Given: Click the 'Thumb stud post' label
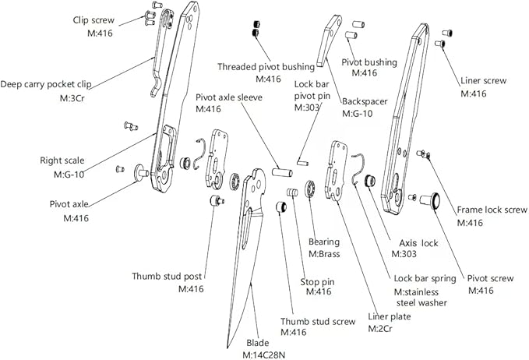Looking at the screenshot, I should (168, 275).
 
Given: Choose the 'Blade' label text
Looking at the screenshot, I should (258, 343).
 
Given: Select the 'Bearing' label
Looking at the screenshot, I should (324, 242).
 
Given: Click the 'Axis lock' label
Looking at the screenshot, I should (419, 242).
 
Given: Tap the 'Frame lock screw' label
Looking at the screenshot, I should (481, 210).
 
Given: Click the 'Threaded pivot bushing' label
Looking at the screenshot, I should (266, 67).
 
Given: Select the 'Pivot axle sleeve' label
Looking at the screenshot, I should (229, 97).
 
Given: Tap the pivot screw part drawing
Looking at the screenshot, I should (429, 200).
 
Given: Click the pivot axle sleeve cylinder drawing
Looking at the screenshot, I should (281, 170).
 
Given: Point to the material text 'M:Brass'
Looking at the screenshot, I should (326, 254).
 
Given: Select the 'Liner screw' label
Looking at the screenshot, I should (484, 81).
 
